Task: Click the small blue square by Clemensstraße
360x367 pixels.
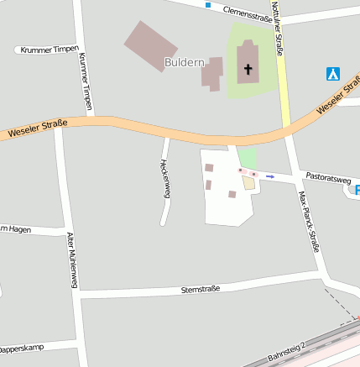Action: (208, 6)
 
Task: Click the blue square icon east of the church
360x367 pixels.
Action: (333, 74)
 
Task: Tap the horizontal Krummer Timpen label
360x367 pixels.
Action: (50, 50)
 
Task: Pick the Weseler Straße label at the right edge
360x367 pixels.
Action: (339, 102)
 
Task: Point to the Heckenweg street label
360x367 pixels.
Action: (165, 176)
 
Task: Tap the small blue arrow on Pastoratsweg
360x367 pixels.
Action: (270, 177)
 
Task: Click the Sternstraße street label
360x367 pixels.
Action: (201, 289)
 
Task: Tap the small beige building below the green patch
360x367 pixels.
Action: (248, 182)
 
